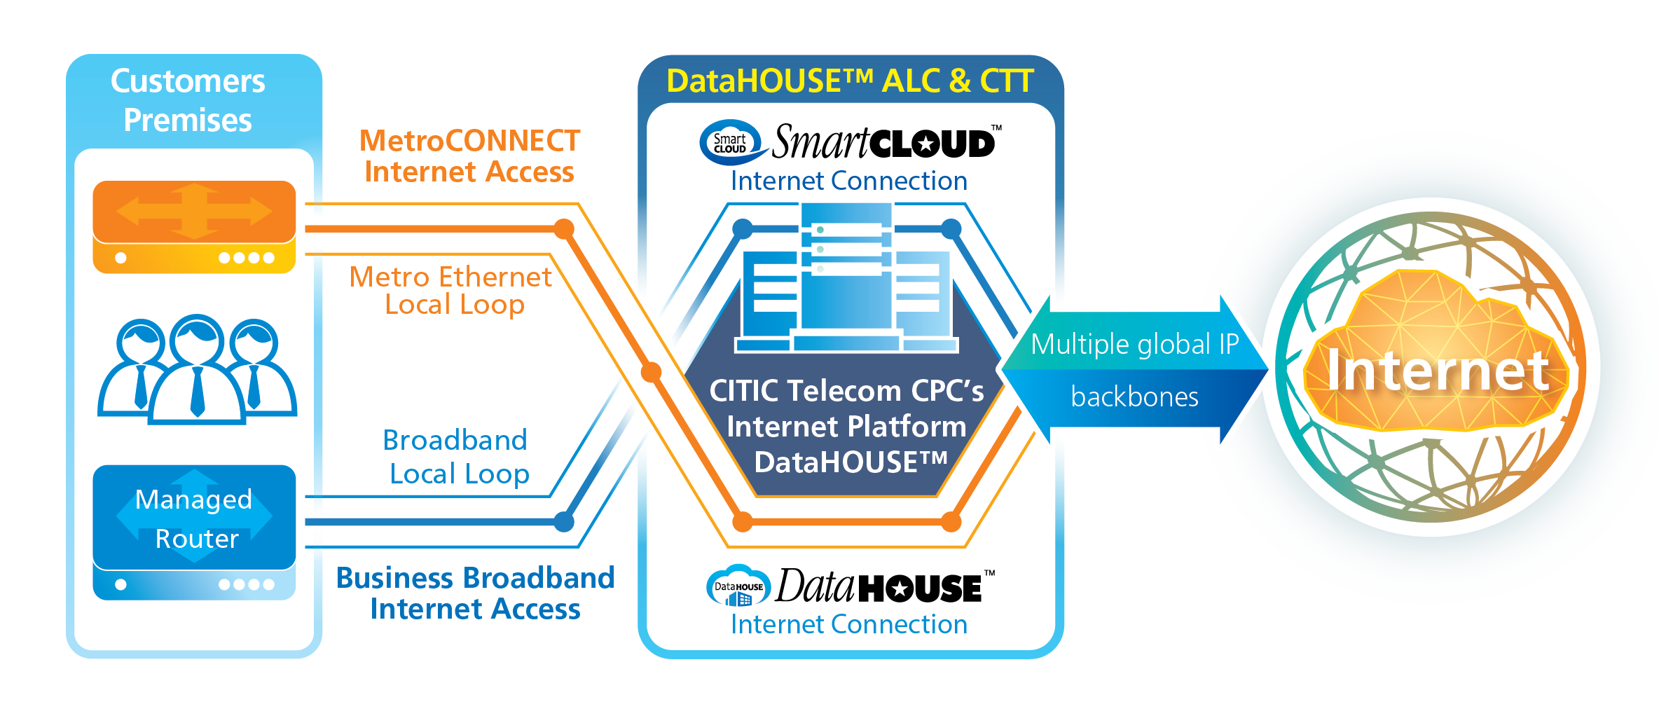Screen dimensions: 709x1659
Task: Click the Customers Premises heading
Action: tap(188, 100)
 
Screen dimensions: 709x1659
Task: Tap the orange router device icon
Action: tap(194, 226)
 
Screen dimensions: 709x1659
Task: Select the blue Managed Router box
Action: tap(194, 518)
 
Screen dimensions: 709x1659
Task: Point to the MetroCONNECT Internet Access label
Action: tap(469, 156)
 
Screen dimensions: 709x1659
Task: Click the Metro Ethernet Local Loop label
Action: tap(452, 290)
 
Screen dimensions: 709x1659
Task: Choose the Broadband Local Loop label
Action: tap(457, 457)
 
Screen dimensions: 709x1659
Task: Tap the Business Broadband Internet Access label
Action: tap(475, 593)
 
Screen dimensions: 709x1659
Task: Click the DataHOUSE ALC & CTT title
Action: tap(850, 81)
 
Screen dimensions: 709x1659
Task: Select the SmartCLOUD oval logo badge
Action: tap(731, 143)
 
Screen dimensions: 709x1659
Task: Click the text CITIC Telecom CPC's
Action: tap(846, 391)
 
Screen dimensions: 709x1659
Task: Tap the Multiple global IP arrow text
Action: tap(1134, 344)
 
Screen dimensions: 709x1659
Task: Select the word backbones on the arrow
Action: tap(1134, 397)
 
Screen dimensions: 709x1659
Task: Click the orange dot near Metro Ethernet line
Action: tap(564, 228)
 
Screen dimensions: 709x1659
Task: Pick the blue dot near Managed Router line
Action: tap(564, 521)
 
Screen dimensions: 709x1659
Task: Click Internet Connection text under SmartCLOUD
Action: tap(849, 181)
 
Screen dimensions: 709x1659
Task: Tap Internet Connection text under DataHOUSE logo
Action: tap(849, 624)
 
